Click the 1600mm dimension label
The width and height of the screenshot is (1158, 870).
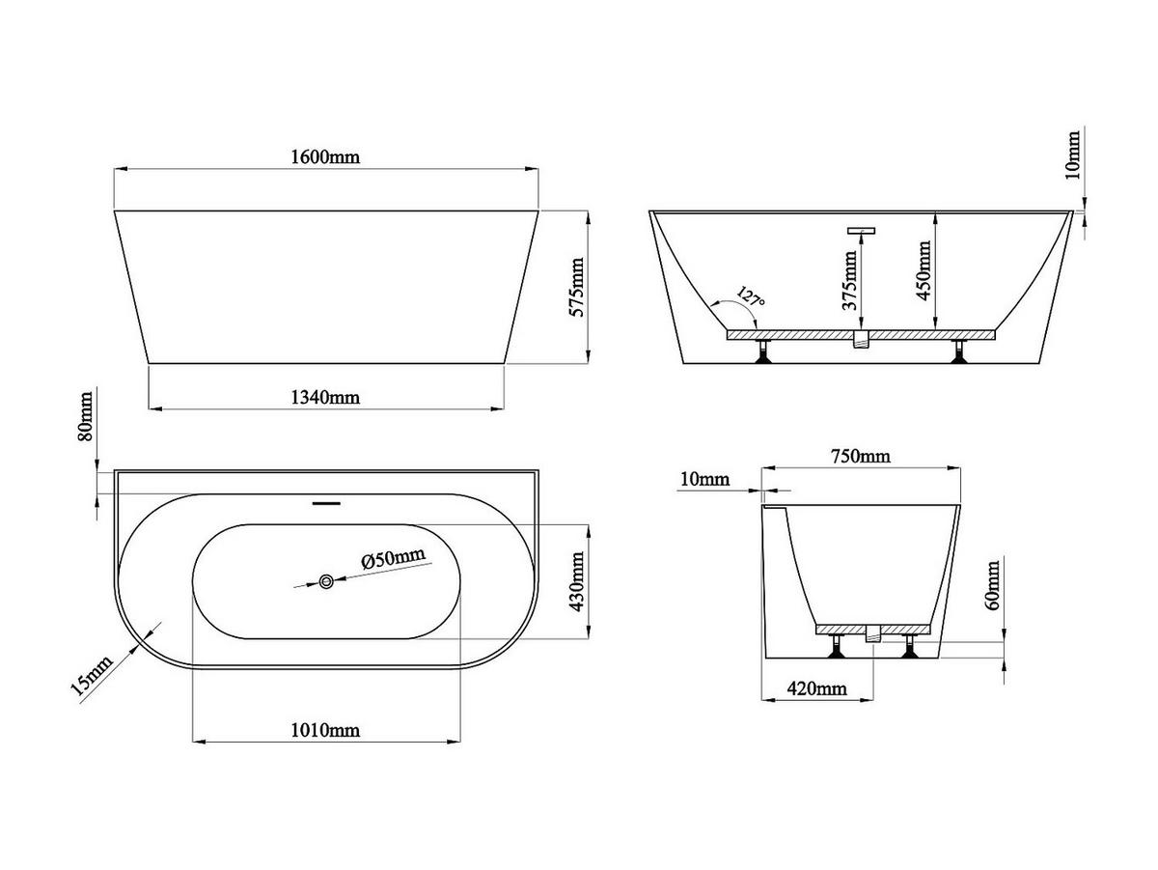point(325,156)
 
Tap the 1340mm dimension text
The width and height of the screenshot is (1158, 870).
point(325,397)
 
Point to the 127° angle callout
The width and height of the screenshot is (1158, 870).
point(750,296)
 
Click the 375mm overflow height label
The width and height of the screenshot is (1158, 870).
point(850,280)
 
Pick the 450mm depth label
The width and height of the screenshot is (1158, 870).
point(924,270)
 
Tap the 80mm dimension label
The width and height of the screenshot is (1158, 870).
point(85,416)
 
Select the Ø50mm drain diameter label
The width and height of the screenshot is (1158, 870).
point(393,557)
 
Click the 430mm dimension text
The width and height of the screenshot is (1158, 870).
point(577,581)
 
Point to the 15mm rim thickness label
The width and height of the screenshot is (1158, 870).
point(92,676)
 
